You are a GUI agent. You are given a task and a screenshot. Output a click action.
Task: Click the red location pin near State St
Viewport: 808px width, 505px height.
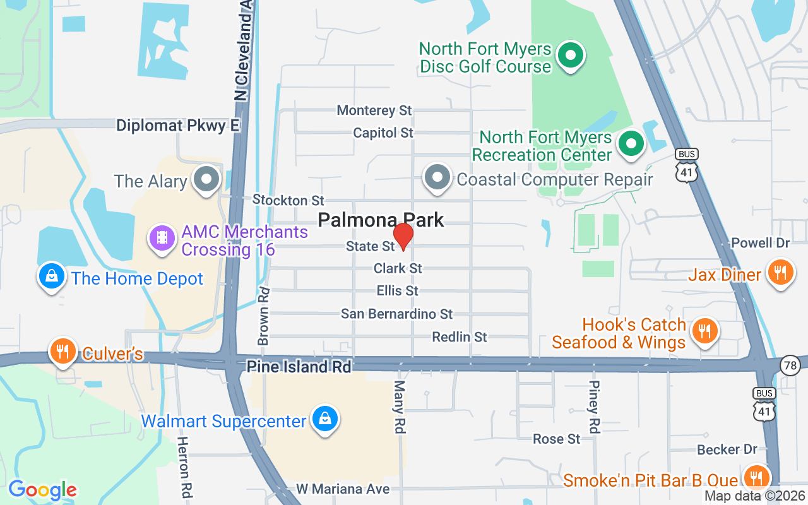(403, 236)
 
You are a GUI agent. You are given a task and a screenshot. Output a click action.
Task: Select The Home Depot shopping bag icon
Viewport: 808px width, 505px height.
(52, 276)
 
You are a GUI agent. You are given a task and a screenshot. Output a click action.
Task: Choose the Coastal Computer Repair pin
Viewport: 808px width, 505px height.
(437, 177)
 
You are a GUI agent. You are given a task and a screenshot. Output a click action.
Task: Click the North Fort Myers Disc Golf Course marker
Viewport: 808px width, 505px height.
(571, 56)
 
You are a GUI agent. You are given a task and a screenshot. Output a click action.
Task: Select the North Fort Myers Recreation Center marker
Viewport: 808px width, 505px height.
(630, 144)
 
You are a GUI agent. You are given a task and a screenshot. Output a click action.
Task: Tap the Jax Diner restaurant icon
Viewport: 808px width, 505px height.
(780, 272)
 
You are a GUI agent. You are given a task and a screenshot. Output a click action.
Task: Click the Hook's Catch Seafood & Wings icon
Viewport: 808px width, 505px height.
(703, 330)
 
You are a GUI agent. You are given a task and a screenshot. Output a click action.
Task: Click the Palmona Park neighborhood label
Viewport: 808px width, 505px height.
(381, 220)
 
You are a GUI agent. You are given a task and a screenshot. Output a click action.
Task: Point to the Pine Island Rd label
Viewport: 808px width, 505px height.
(299, 367)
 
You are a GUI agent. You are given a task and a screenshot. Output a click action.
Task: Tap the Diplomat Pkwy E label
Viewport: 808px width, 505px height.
(178, 126)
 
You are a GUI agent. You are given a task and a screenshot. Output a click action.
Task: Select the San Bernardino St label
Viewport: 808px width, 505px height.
(396, 314)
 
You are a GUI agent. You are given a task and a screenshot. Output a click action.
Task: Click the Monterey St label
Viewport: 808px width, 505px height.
(374, 110)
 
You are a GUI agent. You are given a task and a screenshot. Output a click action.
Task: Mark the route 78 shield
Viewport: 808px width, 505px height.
(789, 364)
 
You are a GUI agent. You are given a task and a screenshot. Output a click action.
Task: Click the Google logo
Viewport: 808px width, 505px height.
(42, 490)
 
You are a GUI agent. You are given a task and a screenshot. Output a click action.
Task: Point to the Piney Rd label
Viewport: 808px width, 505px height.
(593, 407)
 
